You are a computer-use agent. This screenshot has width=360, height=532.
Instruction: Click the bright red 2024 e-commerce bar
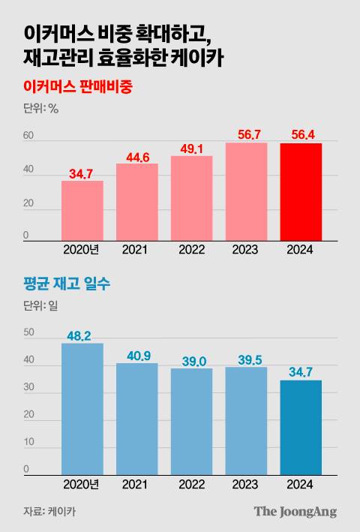(301, 192)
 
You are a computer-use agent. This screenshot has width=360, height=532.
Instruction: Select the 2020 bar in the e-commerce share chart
(82, 211)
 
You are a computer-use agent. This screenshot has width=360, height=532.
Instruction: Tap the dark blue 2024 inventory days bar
(301, 428)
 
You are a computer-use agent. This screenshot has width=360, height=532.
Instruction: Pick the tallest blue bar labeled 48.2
(82, 409)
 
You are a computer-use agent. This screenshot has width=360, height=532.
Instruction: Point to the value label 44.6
(136, 156)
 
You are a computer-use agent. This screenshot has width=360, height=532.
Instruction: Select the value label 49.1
(191, 149)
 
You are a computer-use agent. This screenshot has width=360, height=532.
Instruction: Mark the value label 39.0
(191, 361)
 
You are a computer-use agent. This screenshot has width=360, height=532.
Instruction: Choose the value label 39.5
(246, 359)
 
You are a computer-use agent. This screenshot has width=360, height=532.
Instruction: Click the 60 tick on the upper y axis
(28, 136)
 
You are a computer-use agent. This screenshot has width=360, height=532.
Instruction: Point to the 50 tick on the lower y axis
(28, 332)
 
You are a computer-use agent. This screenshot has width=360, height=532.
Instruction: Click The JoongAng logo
(295, 512)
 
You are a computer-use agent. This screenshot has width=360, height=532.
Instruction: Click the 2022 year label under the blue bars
(191, 485)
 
